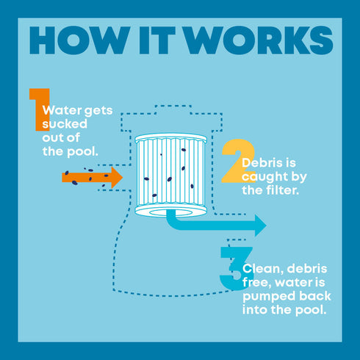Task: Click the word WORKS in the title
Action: point(259,40)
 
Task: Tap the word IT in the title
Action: point(157,40)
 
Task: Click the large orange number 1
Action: point(40,109)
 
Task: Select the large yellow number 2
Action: point(238,161)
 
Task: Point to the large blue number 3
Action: point(236,268)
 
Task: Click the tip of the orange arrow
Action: point(123,177)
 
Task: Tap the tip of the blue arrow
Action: point(267,226)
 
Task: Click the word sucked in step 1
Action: point(65,124)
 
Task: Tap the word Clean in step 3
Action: point(262,269)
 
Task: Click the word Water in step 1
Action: point(62,110)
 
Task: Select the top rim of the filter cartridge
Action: point(171,138)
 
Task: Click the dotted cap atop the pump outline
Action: point(173,109)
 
